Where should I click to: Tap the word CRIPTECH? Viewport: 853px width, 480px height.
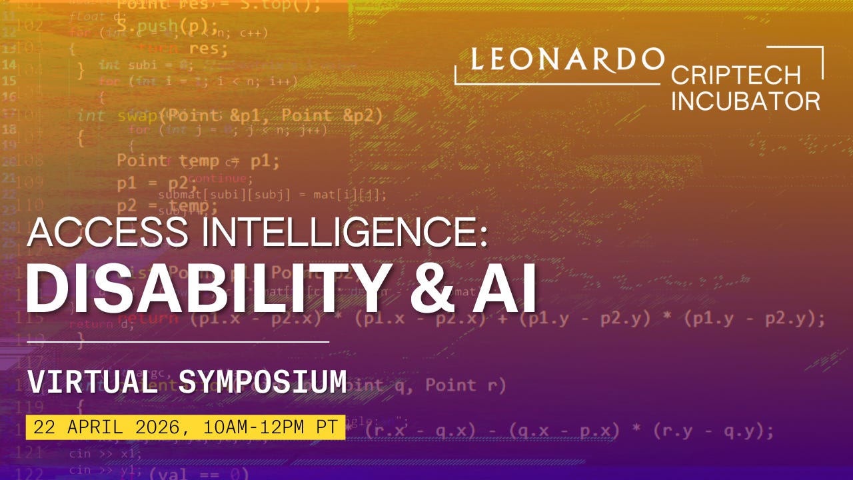(736, 75)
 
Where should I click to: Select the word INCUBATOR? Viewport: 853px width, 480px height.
(746, 101)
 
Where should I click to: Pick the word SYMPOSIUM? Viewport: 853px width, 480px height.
(264, 381)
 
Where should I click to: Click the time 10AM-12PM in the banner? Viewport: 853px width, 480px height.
(254, 427)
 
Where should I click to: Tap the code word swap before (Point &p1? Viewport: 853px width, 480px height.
(137, 115)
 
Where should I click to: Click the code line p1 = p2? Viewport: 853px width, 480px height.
(154, 183)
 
